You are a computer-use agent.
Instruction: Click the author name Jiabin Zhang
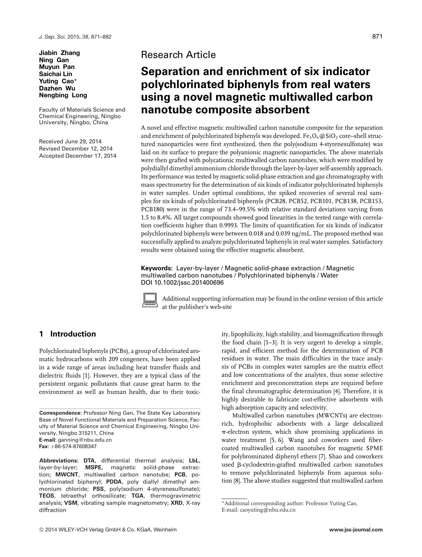[x=59, y=53]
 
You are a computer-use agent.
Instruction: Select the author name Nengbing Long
[x=63, y=95]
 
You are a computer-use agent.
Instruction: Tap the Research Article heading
[x=178, y=55]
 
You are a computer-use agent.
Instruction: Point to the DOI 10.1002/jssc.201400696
[x=182, y=283]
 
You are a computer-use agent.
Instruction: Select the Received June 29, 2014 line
[x=70, y=141]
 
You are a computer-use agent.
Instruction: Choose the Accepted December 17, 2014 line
[x=77, y=156]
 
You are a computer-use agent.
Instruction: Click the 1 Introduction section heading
[x=67, y=334]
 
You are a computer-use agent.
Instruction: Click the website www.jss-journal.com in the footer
[x=356, y=530]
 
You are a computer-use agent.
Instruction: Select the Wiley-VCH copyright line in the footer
[x=108, y=530]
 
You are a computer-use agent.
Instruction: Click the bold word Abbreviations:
[x=59, y=460]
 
